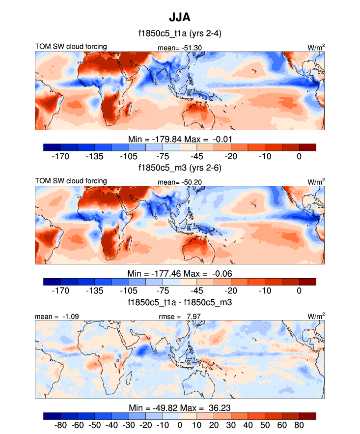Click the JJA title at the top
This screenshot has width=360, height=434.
[x=180, y=18]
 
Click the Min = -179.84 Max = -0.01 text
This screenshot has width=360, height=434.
[x=180, y=139]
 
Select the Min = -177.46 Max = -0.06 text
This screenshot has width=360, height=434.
[x=180, y=273]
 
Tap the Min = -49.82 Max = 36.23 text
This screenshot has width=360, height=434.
[x=180, y=407]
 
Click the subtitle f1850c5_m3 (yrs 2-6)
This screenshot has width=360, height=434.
[x=180, y=168]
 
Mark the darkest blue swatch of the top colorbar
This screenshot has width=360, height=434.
[x=52, y=147]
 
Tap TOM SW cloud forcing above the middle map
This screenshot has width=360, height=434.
[x=71, y=181]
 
